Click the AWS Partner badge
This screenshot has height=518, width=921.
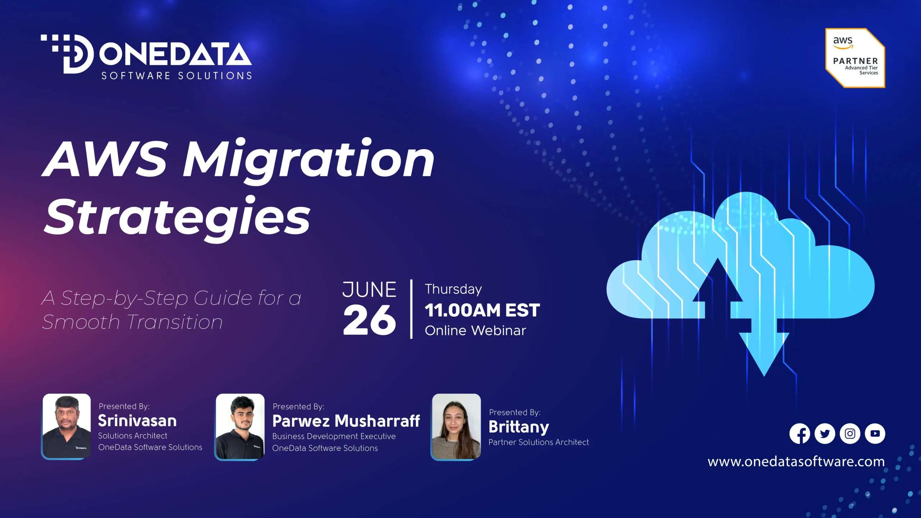[x=855, y=58]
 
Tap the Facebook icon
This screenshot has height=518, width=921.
[x=800, y=434]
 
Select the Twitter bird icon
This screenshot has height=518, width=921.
[x=825, y=434]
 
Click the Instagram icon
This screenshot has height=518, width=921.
[x=850, y=434]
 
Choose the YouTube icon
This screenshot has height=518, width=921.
[x=875, y=434]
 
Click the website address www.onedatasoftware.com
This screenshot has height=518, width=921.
[x=796, y=462]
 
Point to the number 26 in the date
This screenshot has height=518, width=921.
[x=369, y=320]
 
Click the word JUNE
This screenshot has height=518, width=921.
[x=369, y=290]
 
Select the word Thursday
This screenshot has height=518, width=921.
[x=453, y=290]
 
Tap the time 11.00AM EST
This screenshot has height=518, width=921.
[x=482, y=310]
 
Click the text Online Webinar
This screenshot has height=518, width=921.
[x=475, y=331]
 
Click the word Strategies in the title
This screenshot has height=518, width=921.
[x=177, y=219]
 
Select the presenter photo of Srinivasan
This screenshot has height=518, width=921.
[x=67, y=426]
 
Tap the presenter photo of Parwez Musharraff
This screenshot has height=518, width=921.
[x=240, y=427]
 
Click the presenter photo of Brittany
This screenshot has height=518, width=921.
[x=456, y=427]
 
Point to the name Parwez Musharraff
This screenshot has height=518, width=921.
[x=346, y=421]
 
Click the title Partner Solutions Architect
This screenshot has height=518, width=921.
[x=539, y=442]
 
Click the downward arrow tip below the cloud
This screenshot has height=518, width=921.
[x=764, y=376]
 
